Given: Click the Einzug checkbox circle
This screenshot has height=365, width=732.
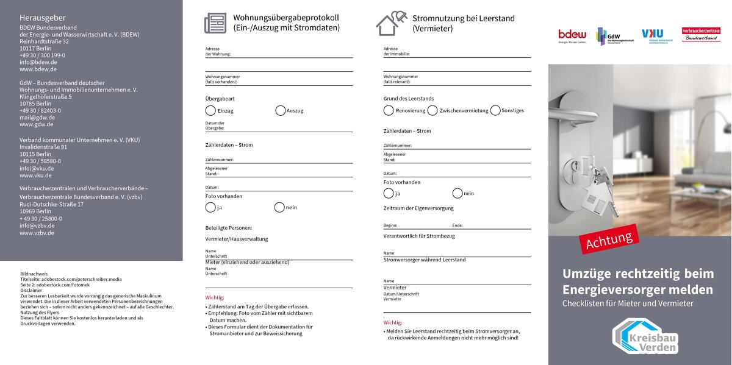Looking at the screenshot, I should tap(210, 110).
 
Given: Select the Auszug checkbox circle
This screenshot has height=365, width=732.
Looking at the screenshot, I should tap(280, 110).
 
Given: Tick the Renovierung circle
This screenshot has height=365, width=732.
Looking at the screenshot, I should tap(389, 110).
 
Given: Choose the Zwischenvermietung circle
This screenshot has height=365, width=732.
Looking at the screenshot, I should tap(432, 110).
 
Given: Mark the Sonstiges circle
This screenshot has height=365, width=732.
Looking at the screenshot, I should tap(495, 110).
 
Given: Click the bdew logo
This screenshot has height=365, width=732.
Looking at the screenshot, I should tap(572, 37).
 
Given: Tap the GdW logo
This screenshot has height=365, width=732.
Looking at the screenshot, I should tap(614, 37).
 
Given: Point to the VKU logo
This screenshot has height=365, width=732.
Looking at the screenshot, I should tap(655, 37).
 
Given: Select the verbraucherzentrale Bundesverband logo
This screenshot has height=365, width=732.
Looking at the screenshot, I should tap(701, 34).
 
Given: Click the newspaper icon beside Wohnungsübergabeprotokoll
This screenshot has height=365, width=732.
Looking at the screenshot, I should tap(215, 23).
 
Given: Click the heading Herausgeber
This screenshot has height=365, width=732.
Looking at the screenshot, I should tap(42, 18).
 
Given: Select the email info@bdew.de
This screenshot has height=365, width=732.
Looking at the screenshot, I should tap(38, 62).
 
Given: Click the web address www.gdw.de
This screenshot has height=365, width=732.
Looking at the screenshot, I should tap(36, 124).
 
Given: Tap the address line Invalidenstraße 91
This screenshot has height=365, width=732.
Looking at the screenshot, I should tap(43, 147).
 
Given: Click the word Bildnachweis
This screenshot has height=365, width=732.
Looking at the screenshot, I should tap(34, 274).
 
